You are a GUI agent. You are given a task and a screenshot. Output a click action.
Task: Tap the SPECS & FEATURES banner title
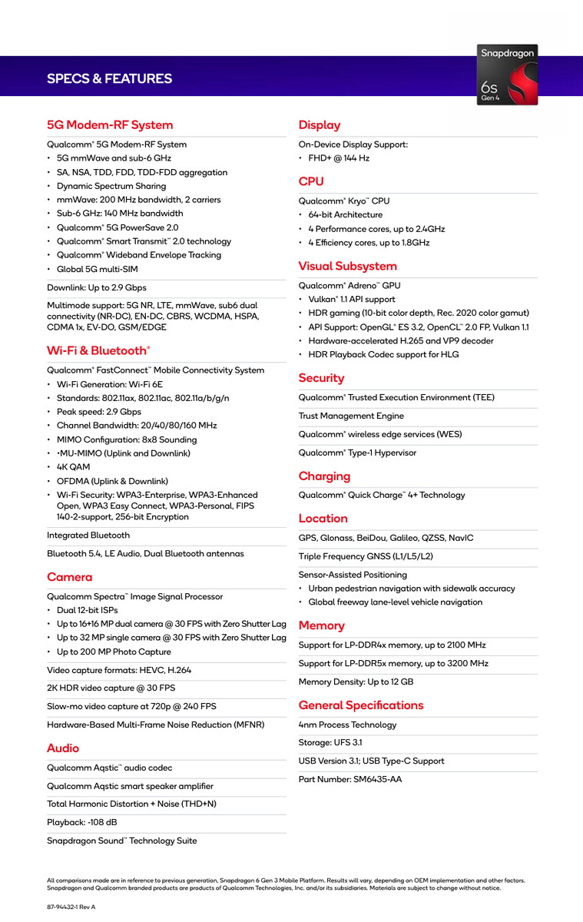[109, 79]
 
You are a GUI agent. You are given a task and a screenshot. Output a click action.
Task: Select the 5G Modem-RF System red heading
[110, 125]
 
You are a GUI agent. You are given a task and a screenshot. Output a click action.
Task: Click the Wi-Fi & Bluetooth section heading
[98, 351]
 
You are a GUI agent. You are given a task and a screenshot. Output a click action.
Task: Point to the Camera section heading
[70, 577]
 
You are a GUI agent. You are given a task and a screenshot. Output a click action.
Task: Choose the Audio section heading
[63, 748]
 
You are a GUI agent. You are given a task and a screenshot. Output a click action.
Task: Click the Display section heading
[320, 125]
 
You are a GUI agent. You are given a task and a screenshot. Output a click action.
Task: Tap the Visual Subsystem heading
[348, 267]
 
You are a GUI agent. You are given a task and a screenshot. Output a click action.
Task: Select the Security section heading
[322, 378]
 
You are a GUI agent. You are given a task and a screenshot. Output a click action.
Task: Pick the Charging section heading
[324, 476]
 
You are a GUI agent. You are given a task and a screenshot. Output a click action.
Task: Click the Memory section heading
[322, 626]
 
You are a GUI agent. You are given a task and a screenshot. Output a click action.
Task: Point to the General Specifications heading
[361, 705]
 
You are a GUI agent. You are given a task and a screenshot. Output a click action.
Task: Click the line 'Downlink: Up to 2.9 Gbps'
[97, 288]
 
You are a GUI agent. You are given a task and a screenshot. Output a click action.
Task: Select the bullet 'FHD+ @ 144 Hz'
[339, 158]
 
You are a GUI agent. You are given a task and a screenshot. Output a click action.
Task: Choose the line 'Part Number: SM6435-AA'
[350, 780]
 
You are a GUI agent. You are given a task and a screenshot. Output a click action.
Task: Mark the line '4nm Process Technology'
[348, 725]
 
